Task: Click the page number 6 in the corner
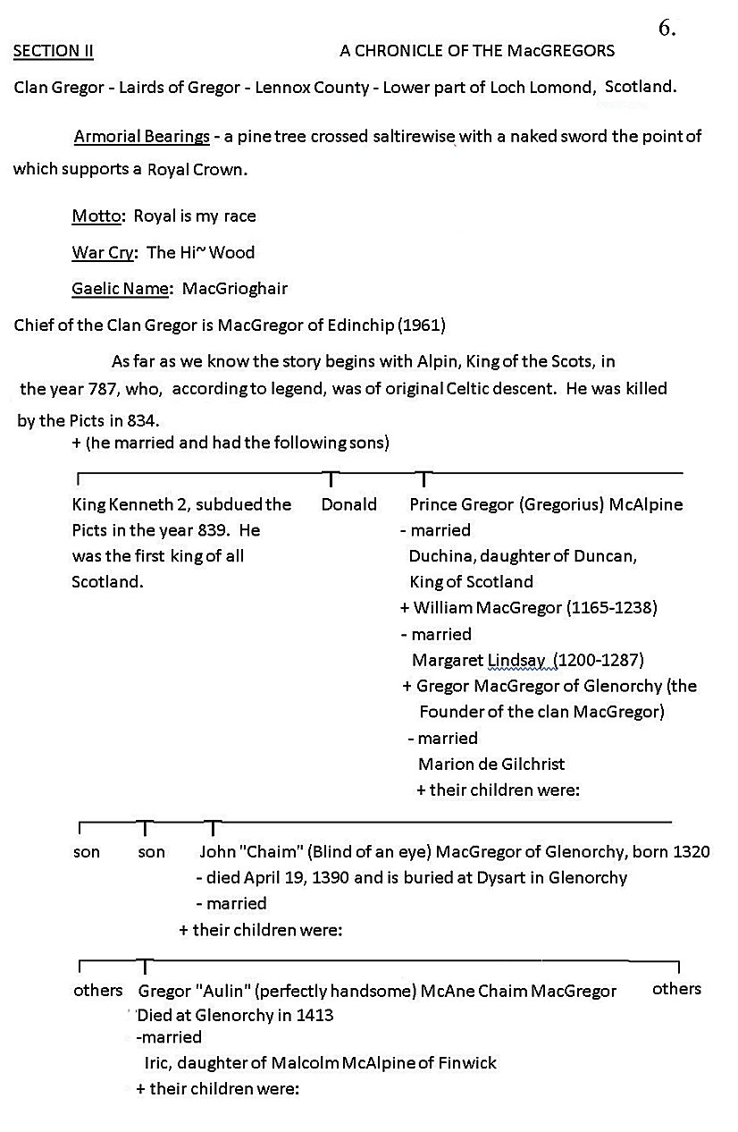[x=666, y=28]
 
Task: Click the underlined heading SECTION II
[x=54, y=51]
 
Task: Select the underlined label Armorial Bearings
[x=142, y=137]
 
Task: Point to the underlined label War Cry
[x=103, y=252]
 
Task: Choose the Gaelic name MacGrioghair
[x=235, y=289]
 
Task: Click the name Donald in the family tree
[x=348, y=504]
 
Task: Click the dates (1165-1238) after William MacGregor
[x=612, y=608]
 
